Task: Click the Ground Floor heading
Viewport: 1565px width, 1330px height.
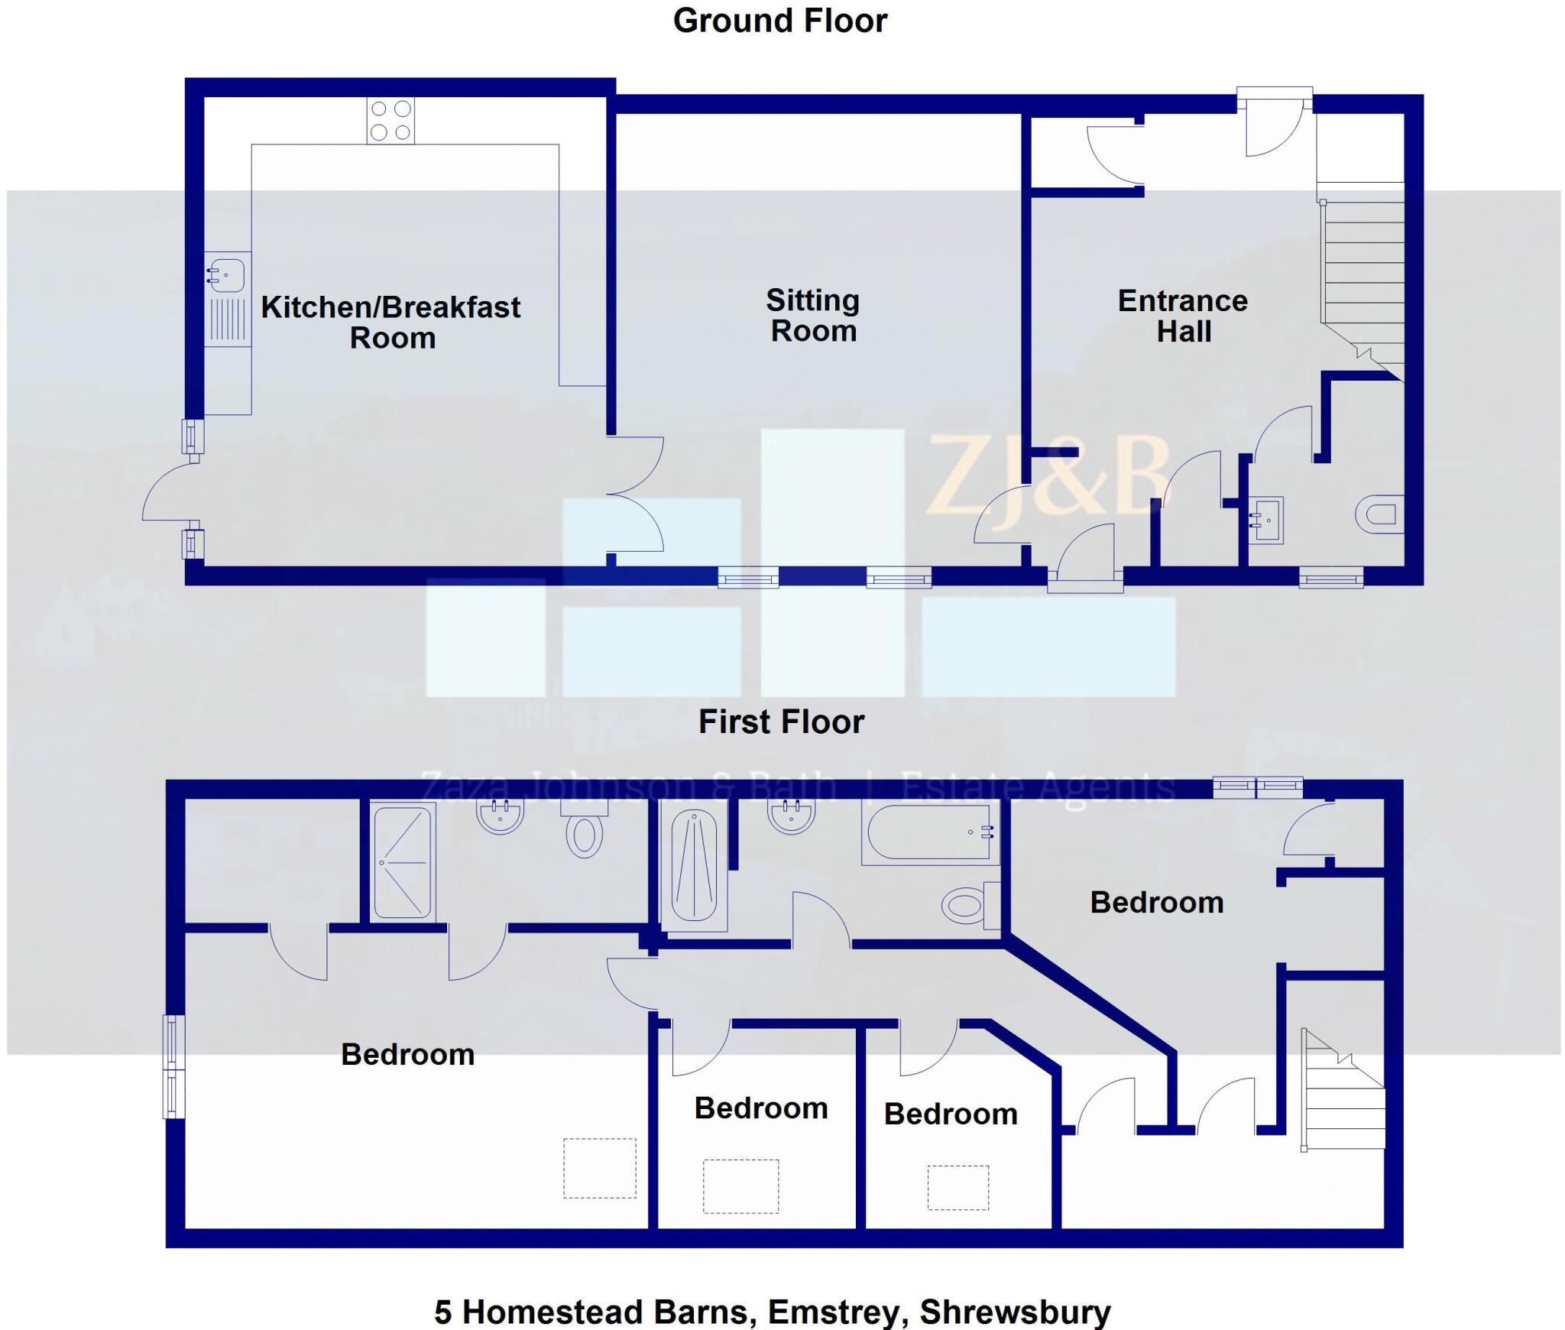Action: (x=779, y=21)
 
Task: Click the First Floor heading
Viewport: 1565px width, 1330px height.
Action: (x=781, y=722)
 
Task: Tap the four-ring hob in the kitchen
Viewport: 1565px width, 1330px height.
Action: (x=390, y=121)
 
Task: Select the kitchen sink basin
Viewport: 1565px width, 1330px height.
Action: (x=226, y=274)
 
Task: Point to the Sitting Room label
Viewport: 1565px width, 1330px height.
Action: (x=813, y=315)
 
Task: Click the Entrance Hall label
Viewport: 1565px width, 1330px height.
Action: (x=1183, y=316)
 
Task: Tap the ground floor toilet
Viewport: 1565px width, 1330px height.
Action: (x=1381, y=514)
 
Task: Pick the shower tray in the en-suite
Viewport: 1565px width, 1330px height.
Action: (x=403, y=862)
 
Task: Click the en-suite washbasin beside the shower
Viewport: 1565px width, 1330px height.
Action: (x=500, y=816)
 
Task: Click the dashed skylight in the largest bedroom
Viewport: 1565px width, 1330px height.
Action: (x=600, y=1168)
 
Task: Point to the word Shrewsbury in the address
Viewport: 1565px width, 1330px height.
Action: (x=1015, y=1312)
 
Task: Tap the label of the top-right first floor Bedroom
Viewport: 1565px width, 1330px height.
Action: (x=1156, y=903)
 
